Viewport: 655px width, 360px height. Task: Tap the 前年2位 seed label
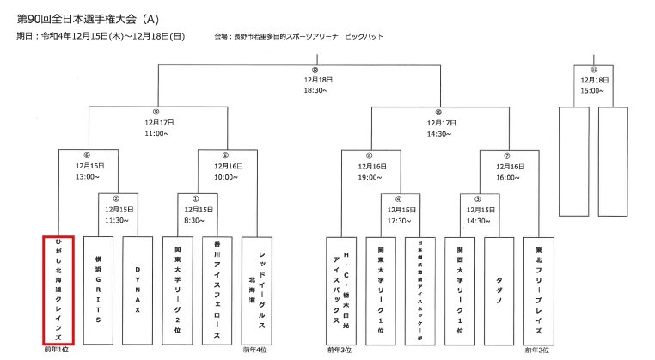tap(539, 351)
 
